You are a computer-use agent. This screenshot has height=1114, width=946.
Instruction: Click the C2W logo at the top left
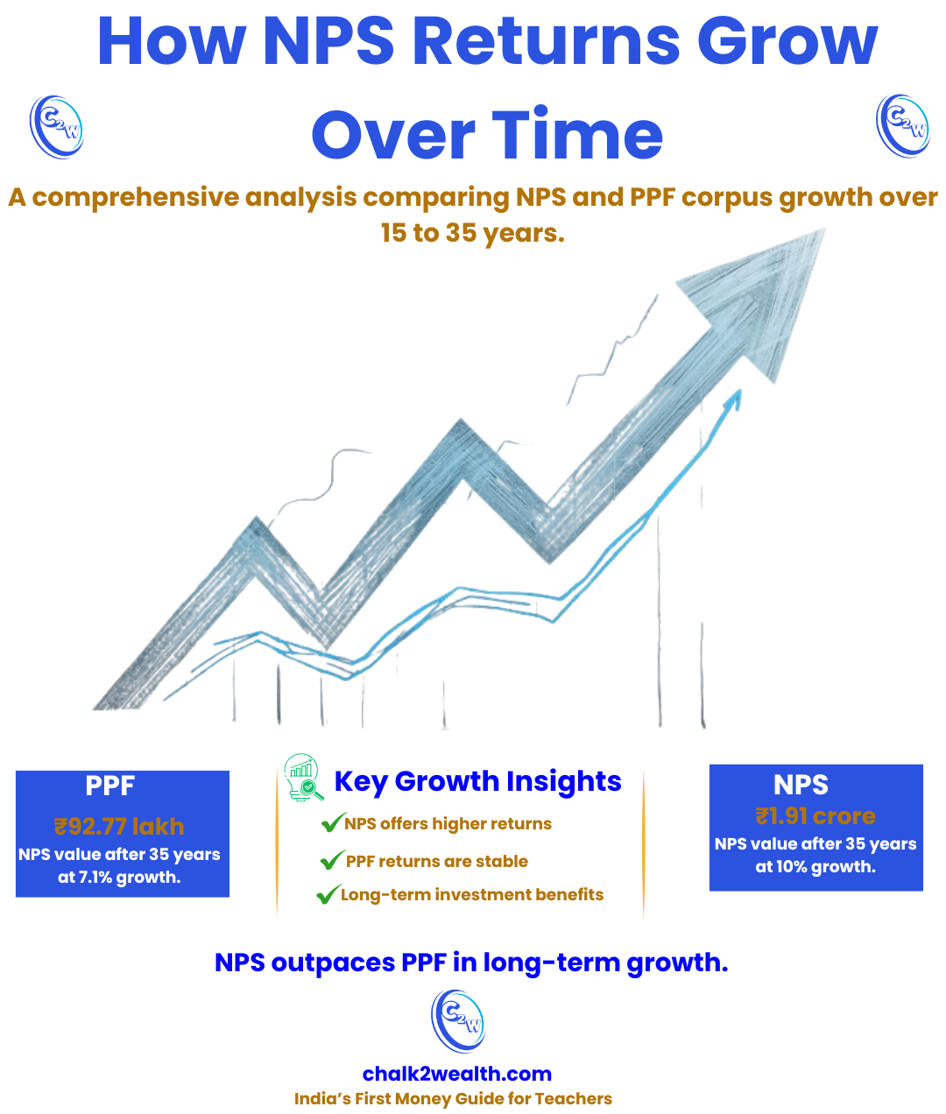click(56, 127)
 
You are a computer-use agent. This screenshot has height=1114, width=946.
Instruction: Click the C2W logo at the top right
click(903, 127)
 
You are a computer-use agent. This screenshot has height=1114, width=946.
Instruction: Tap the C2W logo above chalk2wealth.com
click(458, 1021)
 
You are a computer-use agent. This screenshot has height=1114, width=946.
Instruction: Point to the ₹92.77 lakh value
click(119, 827)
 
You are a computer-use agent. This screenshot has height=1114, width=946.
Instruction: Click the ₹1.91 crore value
click(815, 816)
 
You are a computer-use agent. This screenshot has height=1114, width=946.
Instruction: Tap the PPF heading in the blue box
click(109, 786)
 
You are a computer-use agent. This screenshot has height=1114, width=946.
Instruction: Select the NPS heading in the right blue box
click(801, 785)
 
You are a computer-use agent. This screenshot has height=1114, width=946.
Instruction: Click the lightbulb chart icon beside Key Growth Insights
click(303, 779)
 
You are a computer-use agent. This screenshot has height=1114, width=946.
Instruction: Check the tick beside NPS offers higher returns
click(331, 823)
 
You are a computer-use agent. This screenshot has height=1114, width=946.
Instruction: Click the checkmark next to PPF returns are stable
click(331, 861)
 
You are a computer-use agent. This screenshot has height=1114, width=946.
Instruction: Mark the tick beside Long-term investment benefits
click(328, 895)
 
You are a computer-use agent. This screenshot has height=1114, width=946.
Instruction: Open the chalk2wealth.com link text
click(457, 1075)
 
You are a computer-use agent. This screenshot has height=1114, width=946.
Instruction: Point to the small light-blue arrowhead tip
click(735, 398)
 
